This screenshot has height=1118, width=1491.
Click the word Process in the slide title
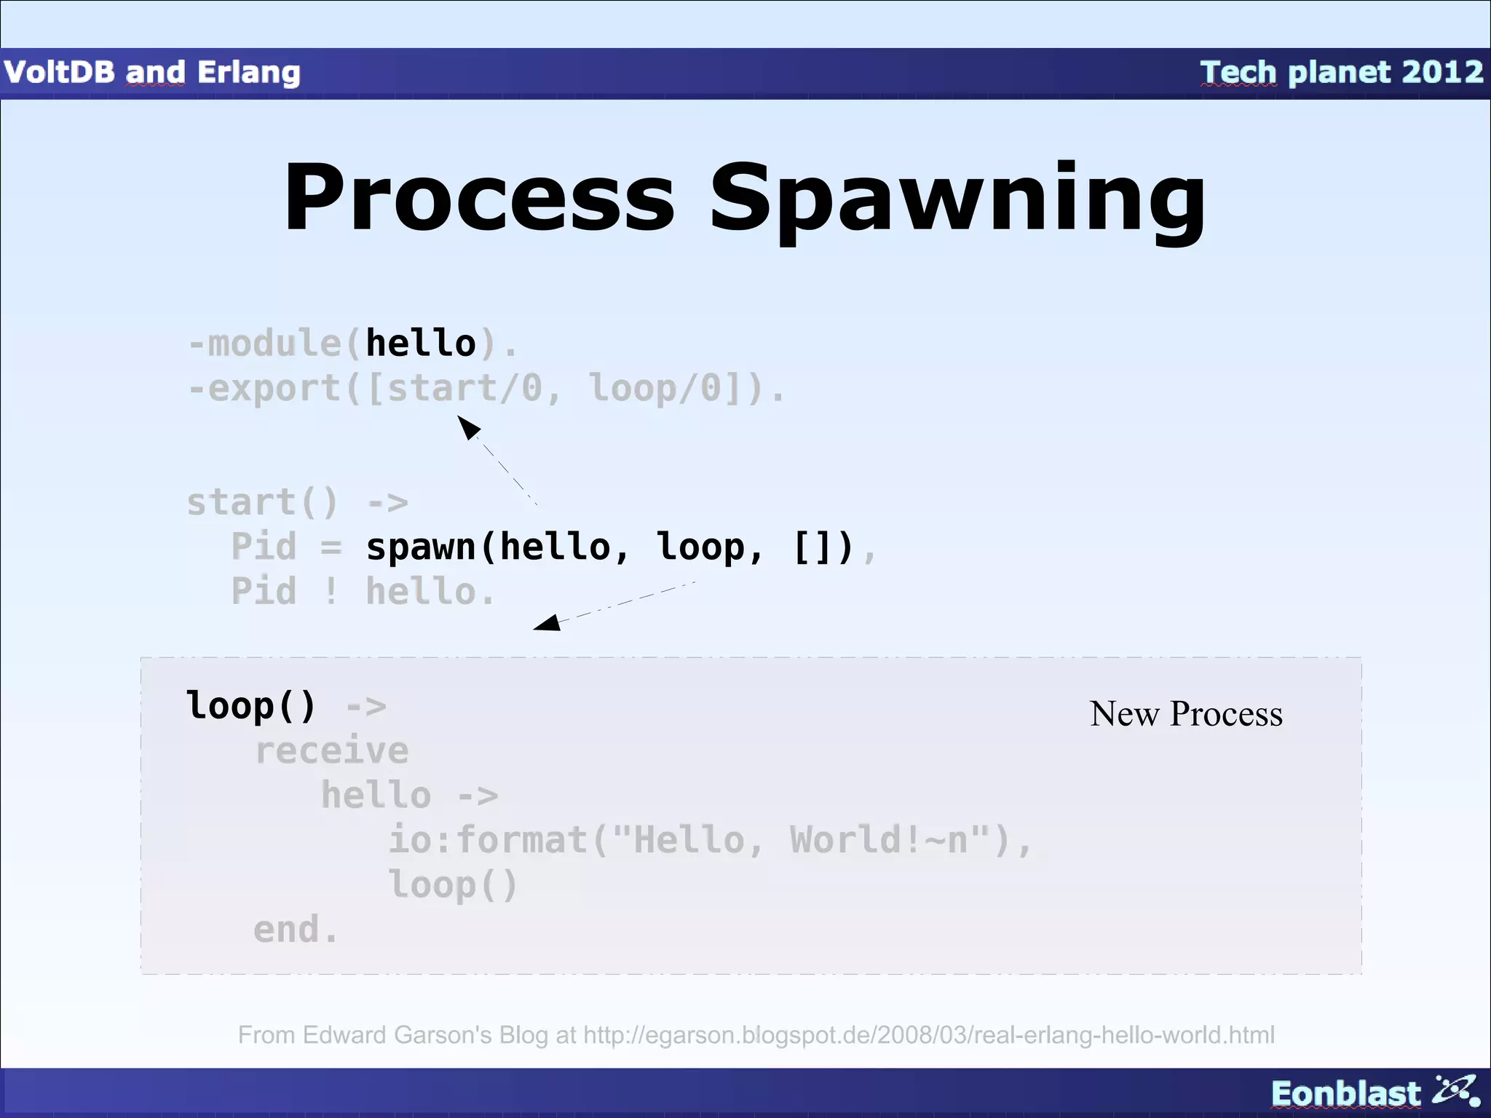coord(479,198)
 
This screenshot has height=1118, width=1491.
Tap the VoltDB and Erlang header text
coord(152,72)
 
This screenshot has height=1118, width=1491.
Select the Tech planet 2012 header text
coord(1341,72)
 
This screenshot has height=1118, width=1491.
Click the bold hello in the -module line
coord(420,343)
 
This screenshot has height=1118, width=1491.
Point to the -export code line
coord(486,387)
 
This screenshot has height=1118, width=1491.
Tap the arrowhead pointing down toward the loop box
coord(547,622)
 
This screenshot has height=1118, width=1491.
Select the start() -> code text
coord(297,502)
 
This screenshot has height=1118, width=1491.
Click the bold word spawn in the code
coord(421,547)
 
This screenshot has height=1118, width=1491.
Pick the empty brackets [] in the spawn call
coord(823,547)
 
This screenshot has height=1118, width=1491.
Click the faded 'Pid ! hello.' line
coord(363,591)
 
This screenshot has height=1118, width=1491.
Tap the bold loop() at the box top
coord(250,705)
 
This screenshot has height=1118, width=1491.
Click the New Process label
coord(1186,714)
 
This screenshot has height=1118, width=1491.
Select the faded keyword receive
coord(331,750)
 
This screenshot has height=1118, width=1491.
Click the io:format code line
coord(710,840)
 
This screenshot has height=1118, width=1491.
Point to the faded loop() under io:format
coord(452,884)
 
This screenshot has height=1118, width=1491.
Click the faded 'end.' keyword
coord(296,929)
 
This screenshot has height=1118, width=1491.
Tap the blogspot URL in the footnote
coord(928,1035)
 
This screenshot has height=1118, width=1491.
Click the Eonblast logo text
coord(1345,1093)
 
